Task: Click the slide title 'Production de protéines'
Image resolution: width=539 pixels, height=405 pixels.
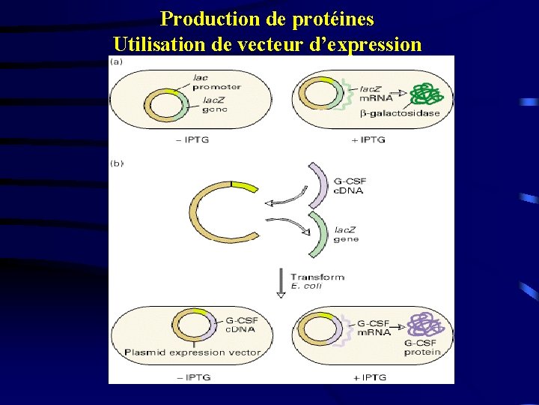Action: tap(267, 17)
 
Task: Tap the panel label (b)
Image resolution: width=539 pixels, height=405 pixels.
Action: tap(117, 162)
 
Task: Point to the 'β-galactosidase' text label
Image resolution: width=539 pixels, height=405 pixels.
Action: tap(400, 114)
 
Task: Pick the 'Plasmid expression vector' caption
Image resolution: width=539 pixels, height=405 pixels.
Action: tap(192, 352)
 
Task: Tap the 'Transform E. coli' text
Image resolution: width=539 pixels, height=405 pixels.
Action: tap(317, 280)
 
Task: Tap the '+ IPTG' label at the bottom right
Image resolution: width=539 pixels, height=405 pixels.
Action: tap(368, 376)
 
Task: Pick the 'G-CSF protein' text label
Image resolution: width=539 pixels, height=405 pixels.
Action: tap(422, 346)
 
